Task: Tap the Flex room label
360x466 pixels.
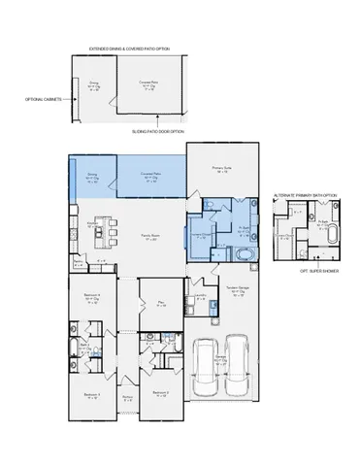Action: coord(162,304)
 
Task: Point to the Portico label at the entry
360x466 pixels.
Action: coord(126,397)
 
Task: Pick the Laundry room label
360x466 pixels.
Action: coord(200,295)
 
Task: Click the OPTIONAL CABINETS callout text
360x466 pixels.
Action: coord(43,99)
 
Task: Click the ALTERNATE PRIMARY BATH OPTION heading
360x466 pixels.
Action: coord(305,194)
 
